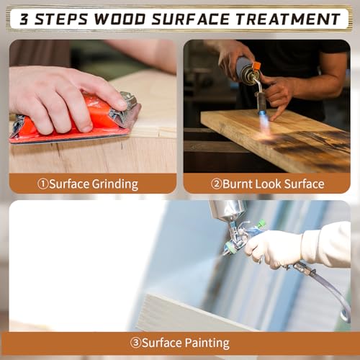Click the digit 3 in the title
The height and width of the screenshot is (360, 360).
click(24, 19)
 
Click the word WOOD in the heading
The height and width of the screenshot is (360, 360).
click(120, 19)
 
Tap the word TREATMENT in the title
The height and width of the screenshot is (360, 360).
click(287, 19)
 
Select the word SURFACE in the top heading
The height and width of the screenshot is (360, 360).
click(191, 19)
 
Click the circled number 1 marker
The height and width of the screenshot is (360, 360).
click(43, 184)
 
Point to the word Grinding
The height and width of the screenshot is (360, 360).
click(115, 185)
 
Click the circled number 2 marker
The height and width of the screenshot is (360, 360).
click(217, 184)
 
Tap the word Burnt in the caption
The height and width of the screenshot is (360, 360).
click(237, 184)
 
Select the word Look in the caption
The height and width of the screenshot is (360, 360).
click(268, 184)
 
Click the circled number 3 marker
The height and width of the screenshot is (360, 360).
click(135, 343)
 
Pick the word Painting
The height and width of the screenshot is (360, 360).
click(207, 343)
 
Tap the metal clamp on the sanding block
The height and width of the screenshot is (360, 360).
click(126, 108)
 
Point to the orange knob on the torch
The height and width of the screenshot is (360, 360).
click(256, 66)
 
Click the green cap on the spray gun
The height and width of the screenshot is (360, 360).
click(261, 225)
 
